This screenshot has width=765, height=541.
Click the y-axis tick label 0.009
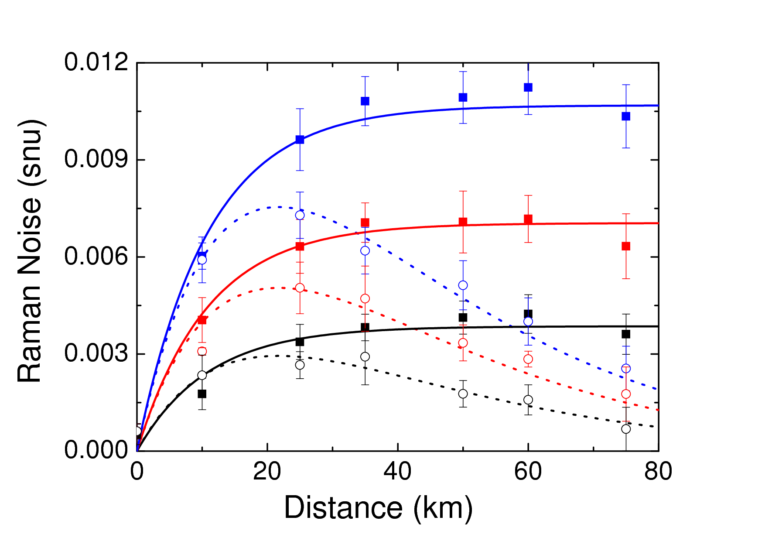click(x=96, y=160)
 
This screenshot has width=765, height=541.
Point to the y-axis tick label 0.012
click(x=96, y=62)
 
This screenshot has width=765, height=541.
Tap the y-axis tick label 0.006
click(x=96, y=257)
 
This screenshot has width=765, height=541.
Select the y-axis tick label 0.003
click(x=96, y=353)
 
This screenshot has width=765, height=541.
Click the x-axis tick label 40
click(x=397, y=472)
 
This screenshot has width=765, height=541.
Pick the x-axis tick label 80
click(x=658, y=472)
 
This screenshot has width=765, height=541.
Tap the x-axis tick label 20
click(x=267, y=472)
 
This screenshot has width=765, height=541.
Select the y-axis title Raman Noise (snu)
click(x=30, y=251)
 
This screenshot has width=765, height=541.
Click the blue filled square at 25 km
click(x=300, y=140)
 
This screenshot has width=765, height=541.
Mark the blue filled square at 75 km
click(x=626, y=116)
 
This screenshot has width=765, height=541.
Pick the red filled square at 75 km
click(x=626, y=247)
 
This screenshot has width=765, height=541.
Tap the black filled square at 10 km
click(x=202, y=394)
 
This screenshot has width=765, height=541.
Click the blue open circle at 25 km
click(x=300, y=215)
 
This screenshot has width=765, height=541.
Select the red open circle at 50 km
click(x=463, y=343)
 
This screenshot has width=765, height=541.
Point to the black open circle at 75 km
click(x=626, y=429)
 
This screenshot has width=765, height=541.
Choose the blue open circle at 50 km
click(x=463, y=285)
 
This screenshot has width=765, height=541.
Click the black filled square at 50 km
click(x=463, y=317)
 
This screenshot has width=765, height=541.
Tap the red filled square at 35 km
click(x=365, y=223)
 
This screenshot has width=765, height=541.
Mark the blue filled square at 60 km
click(x=528, y=88)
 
